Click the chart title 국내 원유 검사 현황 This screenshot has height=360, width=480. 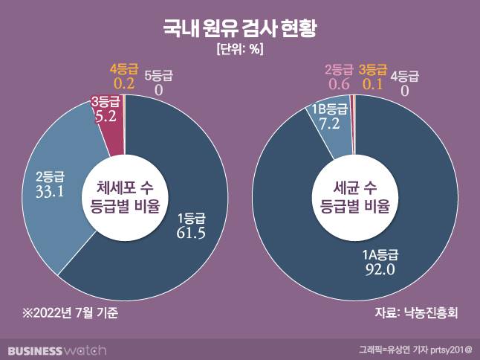240,28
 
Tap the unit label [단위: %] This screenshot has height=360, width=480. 240,50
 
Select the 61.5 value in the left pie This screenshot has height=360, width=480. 190,234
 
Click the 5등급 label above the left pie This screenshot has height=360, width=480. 158,74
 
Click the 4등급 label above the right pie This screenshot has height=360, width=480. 405,74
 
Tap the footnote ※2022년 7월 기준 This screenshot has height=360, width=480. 69,313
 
